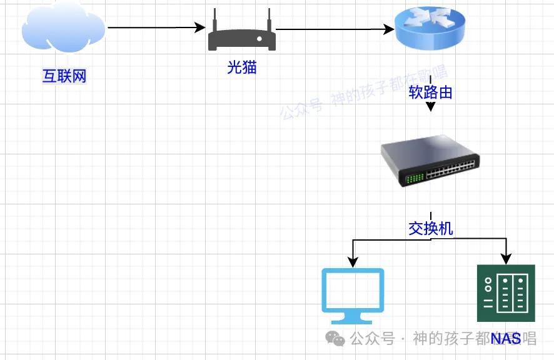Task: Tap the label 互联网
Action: coord(64,77)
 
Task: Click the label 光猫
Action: coord(242,67)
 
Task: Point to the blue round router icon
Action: coord(430,29)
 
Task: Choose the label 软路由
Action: coord(430,92)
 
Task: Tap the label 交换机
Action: coord(430,229)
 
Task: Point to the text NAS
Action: coord(506,339)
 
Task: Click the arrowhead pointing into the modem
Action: coord(201,27)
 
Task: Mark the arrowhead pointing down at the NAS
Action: coord(506,258)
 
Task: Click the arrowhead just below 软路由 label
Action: coord(430,107)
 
